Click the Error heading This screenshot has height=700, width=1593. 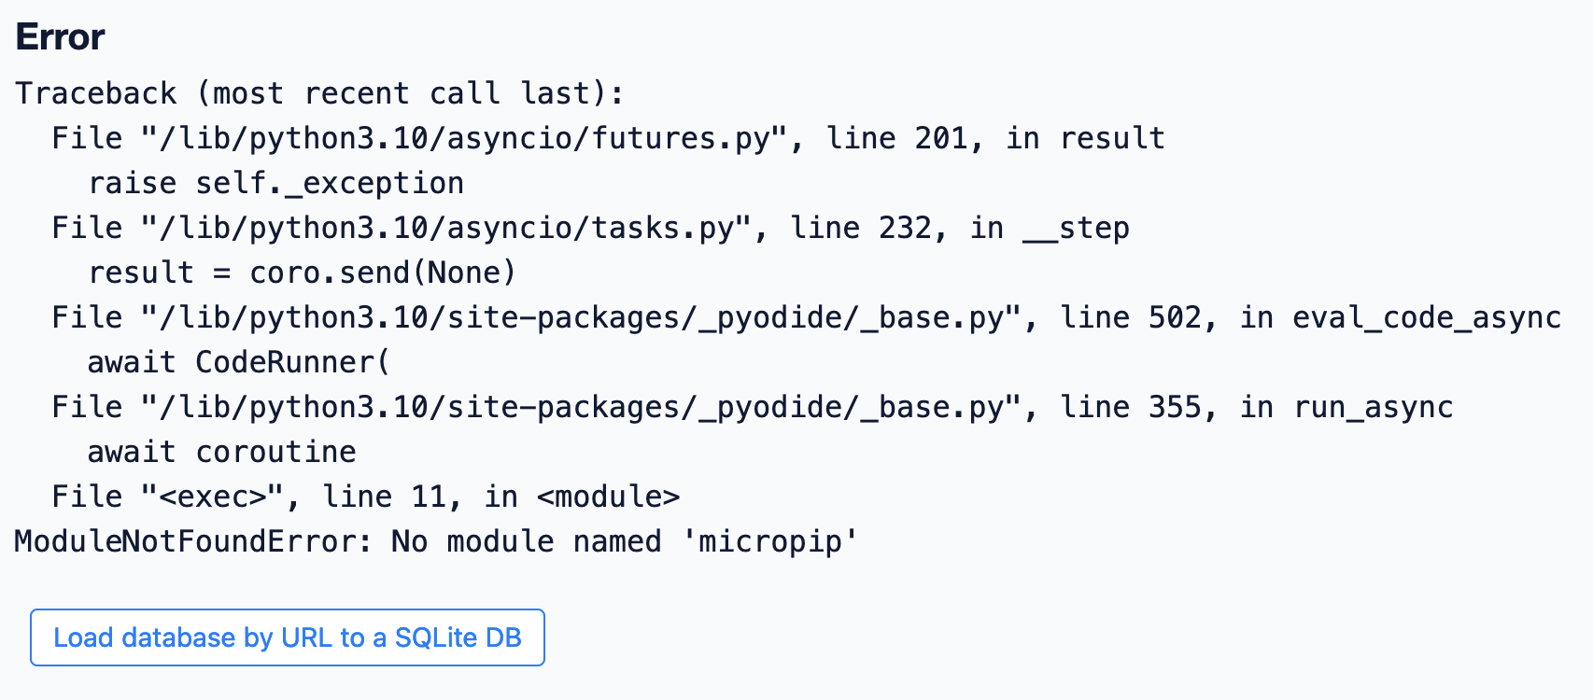click(x=60, y=37)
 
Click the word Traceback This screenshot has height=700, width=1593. click(x=95, y=93)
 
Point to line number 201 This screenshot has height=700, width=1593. click(x=941, y=138)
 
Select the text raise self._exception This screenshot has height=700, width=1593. click(x=275, y=183)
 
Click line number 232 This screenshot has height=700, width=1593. click(x=905, y=228)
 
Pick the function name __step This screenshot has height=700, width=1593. click(x=1076, y=228)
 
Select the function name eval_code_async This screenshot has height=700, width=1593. click(x=1426, y=317)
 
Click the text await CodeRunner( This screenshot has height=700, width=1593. click(x=238, y=362)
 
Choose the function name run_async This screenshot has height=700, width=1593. click(x=1372, y=407)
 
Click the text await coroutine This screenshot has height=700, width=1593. click(x=221, y=452)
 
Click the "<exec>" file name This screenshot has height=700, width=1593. click(x=213, y=497)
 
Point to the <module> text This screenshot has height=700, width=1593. click(x=608, y=497)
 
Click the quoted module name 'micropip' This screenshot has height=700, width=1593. click(x=769, y=541)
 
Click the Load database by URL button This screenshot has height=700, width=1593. click(x=288, y=637)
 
